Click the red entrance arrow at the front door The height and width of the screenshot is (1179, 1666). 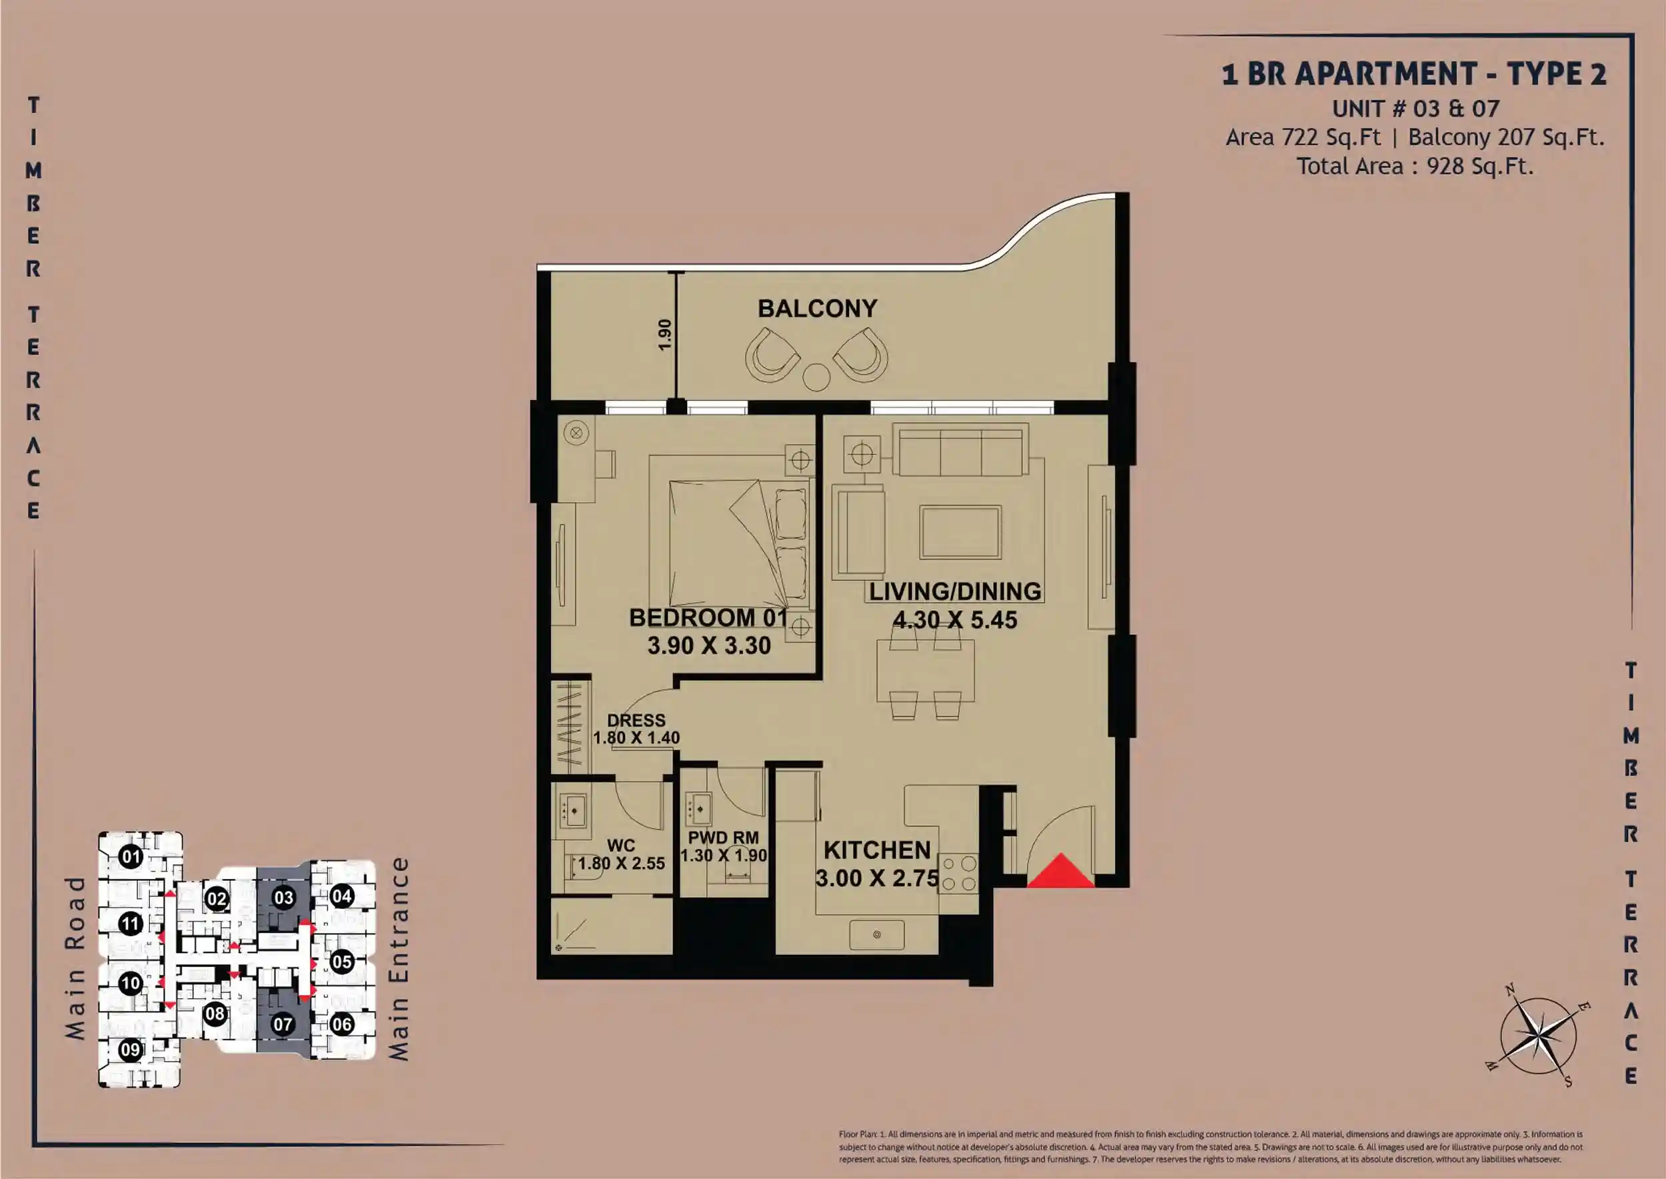1061,871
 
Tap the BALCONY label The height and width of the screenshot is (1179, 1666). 818,309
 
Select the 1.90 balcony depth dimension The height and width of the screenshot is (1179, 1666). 664,335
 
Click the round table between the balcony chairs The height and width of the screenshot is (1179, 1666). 816,377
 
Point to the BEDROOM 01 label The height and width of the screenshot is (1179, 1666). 708,618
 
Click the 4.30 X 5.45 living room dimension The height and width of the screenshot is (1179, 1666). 955,620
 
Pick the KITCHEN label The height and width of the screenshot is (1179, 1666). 877,850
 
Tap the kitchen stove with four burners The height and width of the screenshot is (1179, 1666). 958,874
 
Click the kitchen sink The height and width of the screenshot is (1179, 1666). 877,934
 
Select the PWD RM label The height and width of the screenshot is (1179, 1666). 724,838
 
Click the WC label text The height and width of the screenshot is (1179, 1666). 621,846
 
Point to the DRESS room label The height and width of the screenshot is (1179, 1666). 636,720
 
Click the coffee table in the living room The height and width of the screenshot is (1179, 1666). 961,532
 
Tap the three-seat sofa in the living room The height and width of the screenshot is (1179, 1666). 961,450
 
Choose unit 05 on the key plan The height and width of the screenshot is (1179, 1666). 342,962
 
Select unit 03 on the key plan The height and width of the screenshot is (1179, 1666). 283,898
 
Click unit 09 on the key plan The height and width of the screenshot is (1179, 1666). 130,1050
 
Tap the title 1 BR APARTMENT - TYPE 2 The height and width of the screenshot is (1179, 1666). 1414,74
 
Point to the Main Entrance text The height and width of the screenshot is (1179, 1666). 399,959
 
